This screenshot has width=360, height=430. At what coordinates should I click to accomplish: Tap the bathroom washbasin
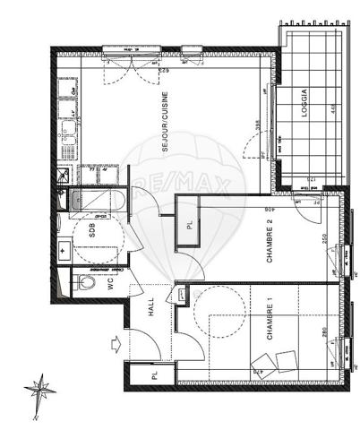tap(64, 251)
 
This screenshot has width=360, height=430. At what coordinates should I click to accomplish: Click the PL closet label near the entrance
tap(153, 375)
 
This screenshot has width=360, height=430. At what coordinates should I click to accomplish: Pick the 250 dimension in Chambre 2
tap(324, 241)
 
